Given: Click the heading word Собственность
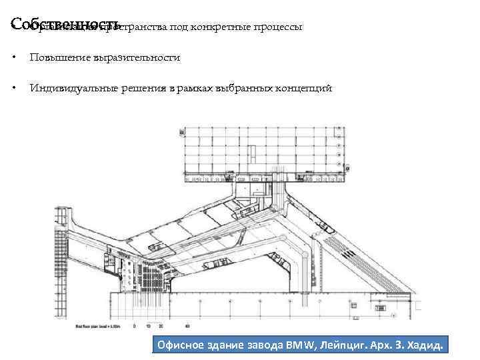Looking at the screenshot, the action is click(x=65, y=25).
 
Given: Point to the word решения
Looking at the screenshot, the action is click(x=137, y=89).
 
